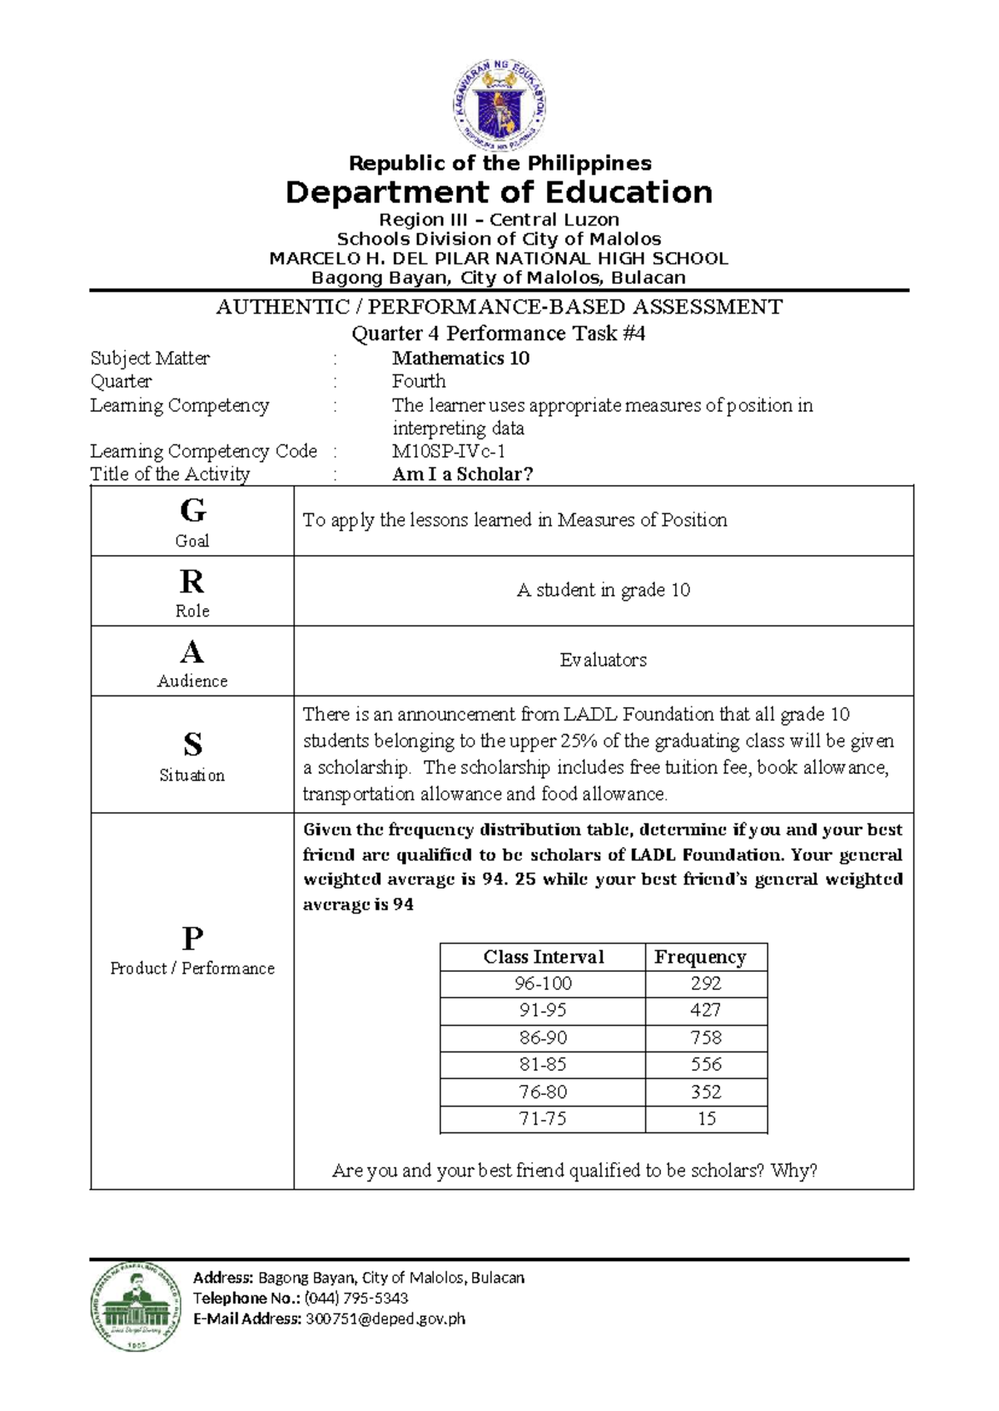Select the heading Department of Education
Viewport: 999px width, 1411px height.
point(499,192)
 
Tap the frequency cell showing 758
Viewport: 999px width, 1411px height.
point(705,1037)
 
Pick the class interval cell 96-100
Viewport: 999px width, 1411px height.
point(543,983)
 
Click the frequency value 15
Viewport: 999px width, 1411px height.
point(706,1119)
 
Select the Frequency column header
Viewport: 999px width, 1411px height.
point(699,957)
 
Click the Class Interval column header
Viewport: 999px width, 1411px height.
point(543,957)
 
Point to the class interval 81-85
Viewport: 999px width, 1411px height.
point(543,1064)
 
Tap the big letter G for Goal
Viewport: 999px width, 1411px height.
point(192,509)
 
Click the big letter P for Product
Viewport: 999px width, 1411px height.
point(192,938)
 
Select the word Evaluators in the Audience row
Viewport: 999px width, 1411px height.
point(603,660)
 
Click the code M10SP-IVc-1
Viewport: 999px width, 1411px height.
point(449,451)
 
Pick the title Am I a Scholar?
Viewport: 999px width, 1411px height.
point(462,474)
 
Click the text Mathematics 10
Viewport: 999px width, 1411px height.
point(460,359)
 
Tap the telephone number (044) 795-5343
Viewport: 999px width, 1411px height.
point(355,1298)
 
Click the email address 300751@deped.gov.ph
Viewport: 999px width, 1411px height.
point(385,1319)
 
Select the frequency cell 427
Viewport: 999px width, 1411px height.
point(705,1010)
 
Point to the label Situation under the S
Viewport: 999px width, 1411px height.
point(191,775)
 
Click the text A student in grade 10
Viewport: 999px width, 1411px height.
point(603,590)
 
